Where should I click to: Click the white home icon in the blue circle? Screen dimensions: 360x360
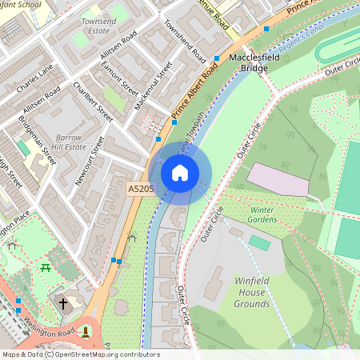pyautogui.click(x=180, y=173)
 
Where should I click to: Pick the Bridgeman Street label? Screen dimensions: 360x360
pyautogui.click(x=38, y=138)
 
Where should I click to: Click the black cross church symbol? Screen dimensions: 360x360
pyautogui.click(x=62, y=303)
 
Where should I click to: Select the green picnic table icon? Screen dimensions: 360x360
pyautogui.click(x=46, y=268)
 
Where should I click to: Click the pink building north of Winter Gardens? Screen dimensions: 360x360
pyautogui.click(x=278, y=180)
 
